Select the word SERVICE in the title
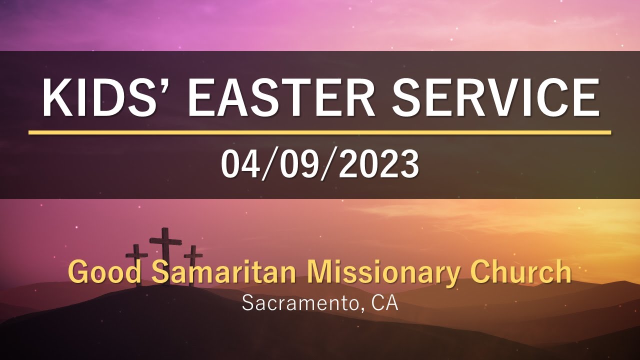(x=494, y=98)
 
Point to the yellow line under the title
(x=320, y=132)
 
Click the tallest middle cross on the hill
(x=165, y=255)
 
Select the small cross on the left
(x=137, y=262)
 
